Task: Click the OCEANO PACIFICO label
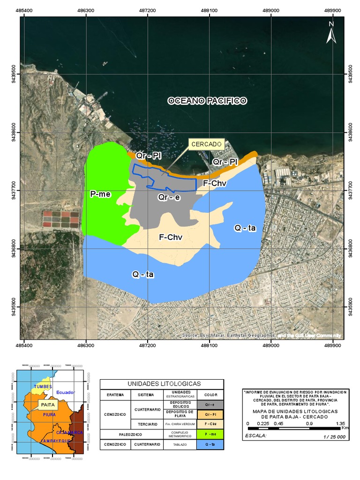click(x=207, y=101)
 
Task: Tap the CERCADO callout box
click(x=207, y=144)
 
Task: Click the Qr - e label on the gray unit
click(x=169, y=198)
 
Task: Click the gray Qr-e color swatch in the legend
click(x=210, y=404)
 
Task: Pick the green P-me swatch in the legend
click(x=210, y=434)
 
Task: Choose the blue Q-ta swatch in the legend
click(x=210, y=444)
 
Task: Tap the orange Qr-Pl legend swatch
click(x=210, y=414)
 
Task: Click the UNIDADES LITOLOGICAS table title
click(x=161, y=383)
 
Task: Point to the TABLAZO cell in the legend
click(x=180, y=444)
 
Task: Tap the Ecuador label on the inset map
click(x=65, y=392)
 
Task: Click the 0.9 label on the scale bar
click(x=310, y=423)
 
